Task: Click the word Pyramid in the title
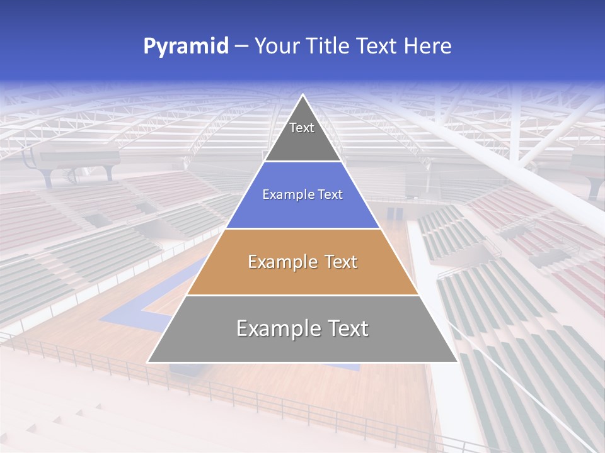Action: pos(186,47)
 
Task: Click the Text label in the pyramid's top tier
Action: pos(302,128)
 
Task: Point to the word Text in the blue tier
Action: pos(331,195)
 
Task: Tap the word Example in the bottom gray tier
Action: pos(275,328)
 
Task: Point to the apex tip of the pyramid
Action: pos(303,95)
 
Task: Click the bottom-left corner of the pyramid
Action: pos(148,362)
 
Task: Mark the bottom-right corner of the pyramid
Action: pos(458,362)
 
